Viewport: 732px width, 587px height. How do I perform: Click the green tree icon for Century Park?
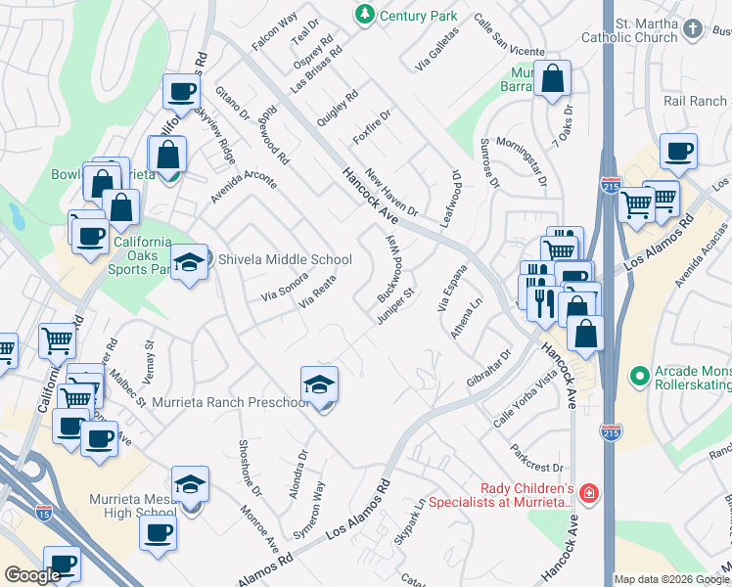coord(364,15)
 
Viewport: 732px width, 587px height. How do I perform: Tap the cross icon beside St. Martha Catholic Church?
coord(694,28)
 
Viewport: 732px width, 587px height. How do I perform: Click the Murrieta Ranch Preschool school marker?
coord(320,384)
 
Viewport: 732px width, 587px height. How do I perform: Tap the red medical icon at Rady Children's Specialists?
coord(587,493)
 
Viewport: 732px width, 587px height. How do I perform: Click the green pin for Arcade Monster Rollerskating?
coord(639,376)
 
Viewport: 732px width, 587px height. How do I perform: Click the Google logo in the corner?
coord(32,574)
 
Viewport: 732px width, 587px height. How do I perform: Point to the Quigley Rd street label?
coord(338,109)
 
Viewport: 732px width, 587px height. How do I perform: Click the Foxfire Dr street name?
coord(373,127)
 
